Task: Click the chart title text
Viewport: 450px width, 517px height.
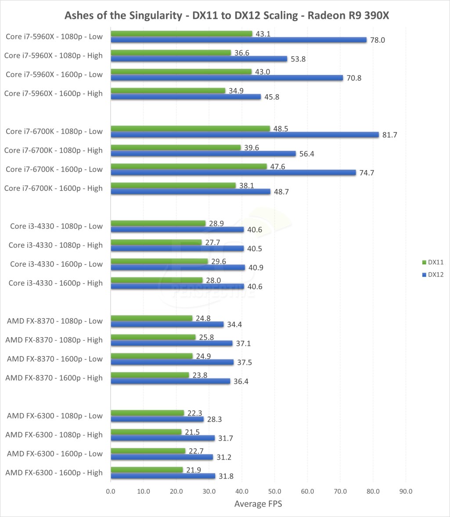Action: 225,15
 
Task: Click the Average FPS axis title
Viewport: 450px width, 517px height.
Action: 258,503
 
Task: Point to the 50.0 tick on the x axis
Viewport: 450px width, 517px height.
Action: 275,491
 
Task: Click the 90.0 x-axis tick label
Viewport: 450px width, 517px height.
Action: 406,491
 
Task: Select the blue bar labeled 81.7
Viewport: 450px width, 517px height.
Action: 244,135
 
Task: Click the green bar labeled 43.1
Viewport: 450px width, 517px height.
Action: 181,34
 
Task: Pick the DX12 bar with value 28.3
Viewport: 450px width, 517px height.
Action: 157,419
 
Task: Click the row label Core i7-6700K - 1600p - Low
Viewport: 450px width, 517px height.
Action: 54,169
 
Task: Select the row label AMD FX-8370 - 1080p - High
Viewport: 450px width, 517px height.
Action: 55,340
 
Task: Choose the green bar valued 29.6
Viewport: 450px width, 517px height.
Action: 159,261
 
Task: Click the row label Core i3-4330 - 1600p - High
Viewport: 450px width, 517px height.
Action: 56,283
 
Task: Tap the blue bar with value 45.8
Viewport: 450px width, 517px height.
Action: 186,96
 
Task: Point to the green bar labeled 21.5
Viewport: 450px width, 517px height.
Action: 146,432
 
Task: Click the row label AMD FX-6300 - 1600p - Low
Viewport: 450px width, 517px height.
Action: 55,453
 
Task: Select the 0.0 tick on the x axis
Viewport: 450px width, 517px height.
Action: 111,491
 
